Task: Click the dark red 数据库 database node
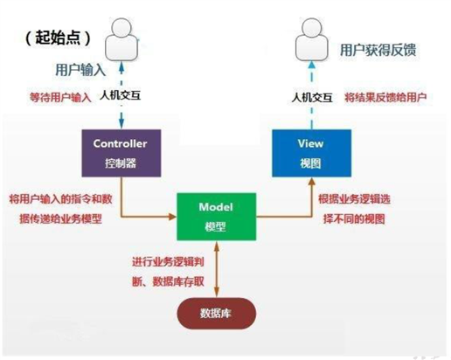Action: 216,311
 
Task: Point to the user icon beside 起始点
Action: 121,39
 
